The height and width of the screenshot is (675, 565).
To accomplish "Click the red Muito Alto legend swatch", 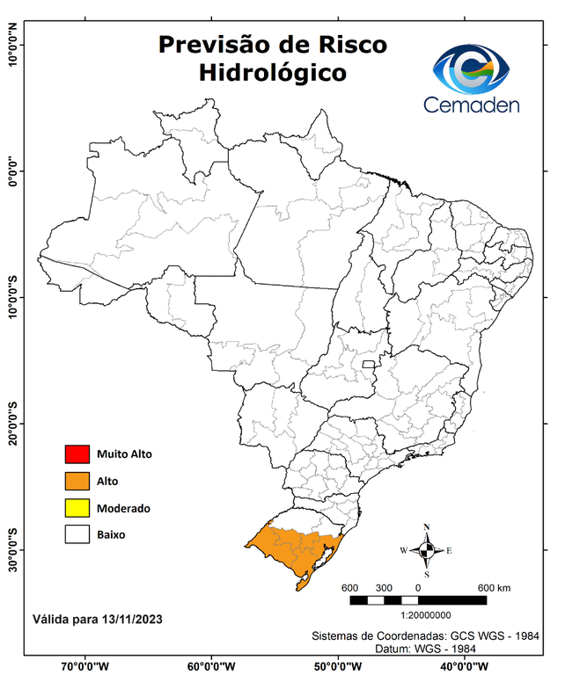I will (x=77, y=454).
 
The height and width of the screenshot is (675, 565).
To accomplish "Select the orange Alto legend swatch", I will (x=77, y=481).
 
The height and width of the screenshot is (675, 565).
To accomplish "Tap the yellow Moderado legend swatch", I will (x=77, y=508).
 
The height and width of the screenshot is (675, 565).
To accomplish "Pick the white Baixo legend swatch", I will (x=77, y=534).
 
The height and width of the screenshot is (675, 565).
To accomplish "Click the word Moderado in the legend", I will (x=123, y=508).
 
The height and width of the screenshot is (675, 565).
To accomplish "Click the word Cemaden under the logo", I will (x=471, y=105).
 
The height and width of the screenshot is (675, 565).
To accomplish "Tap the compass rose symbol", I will (x=426, y=550).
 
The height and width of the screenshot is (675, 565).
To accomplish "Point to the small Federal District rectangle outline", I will (x=368, y=362).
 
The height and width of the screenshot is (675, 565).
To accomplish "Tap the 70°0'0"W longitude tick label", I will (x=84, y=665).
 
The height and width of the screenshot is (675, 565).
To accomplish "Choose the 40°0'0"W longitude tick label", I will (x=461, y=665).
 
